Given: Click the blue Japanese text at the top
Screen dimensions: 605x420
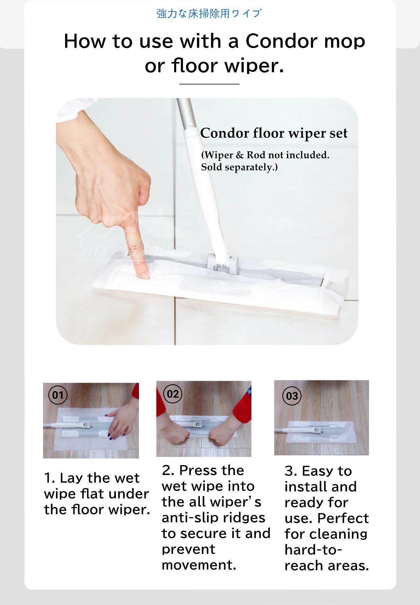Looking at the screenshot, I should coord(209,14).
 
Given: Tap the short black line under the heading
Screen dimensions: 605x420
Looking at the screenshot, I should coord(209,84).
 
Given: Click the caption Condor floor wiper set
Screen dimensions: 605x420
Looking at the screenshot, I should coord(274,133).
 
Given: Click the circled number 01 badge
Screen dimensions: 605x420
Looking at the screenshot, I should coord(58,395).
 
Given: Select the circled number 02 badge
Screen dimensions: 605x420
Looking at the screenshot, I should coord(173,394).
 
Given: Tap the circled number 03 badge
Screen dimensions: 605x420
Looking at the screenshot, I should coord(292,396).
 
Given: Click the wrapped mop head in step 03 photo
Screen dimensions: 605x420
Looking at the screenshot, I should coord(320,432).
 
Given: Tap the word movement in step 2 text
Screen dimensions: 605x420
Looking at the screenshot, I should coord(198,565).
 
